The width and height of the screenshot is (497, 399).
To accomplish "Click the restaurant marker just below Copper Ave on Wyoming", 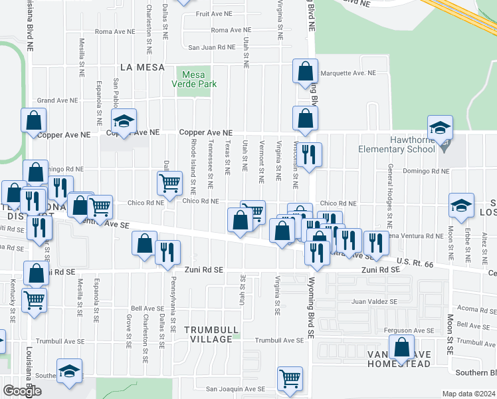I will pyautogui.click(x=309, y=155).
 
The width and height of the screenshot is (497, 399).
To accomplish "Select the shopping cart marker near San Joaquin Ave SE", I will pyautogui.click(x=290, y=379).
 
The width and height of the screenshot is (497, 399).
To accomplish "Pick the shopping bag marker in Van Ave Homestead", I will pyautogui.click(x=401, y=347).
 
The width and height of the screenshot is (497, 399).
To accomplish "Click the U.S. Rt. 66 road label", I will pyautogui.click(x=415, y=264).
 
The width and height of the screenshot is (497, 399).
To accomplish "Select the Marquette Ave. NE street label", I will pyautogui.click(x=348, y=72).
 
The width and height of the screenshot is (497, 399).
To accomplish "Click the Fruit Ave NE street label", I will pyautogui.click(x=213, y=13).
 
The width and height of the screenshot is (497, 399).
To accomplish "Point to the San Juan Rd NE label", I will pyautogui.click(x=211, y=47).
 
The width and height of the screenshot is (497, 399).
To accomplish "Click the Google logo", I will pyautogui.click(x=22, y=390).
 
